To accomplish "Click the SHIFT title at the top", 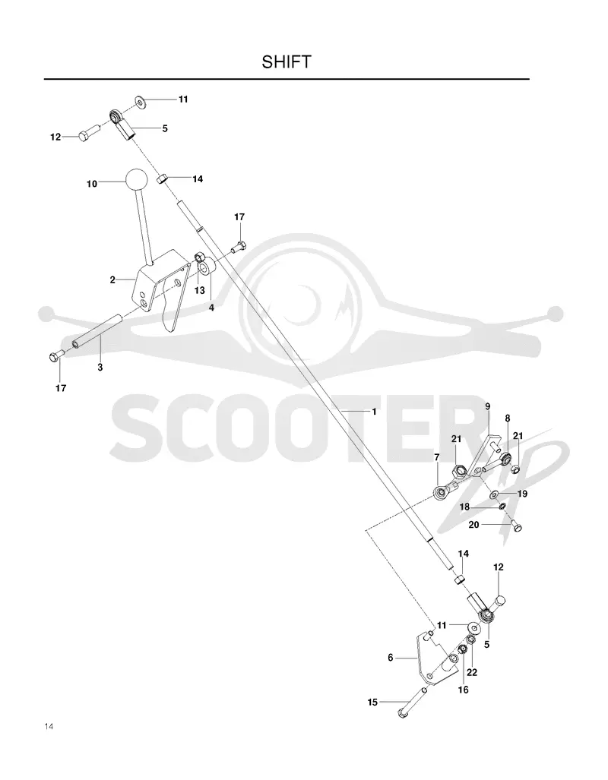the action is coord(287,62).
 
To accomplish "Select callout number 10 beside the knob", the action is coord(92,184).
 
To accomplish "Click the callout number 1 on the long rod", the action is coord(374,412).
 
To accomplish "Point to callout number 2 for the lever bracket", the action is coord(112,279).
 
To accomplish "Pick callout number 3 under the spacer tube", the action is coord(100,368).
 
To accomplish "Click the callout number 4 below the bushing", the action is coord(211,308).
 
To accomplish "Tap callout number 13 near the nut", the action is coord(200,291).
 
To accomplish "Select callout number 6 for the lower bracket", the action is coord(391,658).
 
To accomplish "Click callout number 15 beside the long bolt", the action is coord(372,703).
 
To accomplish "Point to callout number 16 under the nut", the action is coord(463,690).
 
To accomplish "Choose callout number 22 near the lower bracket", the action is coord(472,673).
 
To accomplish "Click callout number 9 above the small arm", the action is coord(487,406).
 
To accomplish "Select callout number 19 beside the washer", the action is coord(522,494).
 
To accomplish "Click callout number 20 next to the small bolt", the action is coord(473,524).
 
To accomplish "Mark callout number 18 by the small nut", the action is coord(464,507).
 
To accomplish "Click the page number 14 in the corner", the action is coord(49,726).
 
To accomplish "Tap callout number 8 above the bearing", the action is coord(508,418).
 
